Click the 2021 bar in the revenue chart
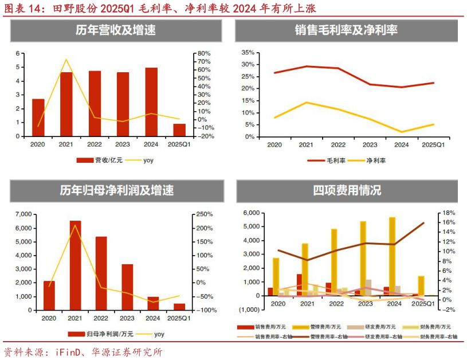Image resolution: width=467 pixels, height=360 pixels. (x=66, y=104)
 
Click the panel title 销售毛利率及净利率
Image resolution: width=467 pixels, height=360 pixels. (x=346, y=30)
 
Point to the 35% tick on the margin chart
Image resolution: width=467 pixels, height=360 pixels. (x=248, y=52)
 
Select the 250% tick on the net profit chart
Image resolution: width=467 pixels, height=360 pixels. (x=206, y=214)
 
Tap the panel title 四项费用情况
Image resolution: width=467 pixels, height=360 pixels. (x=347, y=190)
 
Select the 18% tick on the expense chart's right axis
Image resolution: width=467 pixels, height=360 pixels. (x=449, y=213)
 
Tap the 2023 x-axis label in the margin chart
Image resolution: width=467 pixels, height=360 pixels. (x=370, y=146)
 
